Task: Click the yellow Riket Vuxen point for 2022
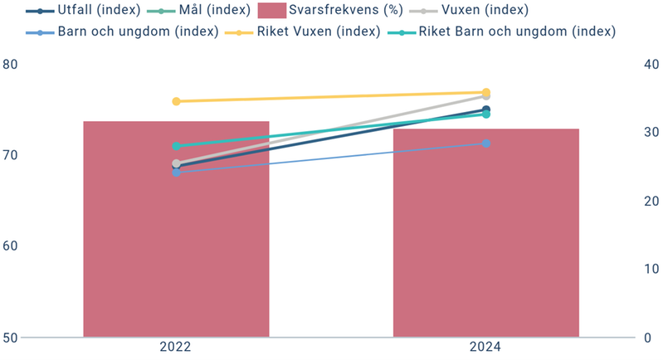(176, 101)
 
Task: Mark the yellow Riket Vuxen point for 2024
(486, 92)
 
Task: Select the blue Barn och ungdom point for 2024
(486, 144)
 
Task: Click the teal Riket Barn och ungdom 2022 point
(176, 146)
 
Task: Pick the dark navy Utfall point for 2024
(486, 109)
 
